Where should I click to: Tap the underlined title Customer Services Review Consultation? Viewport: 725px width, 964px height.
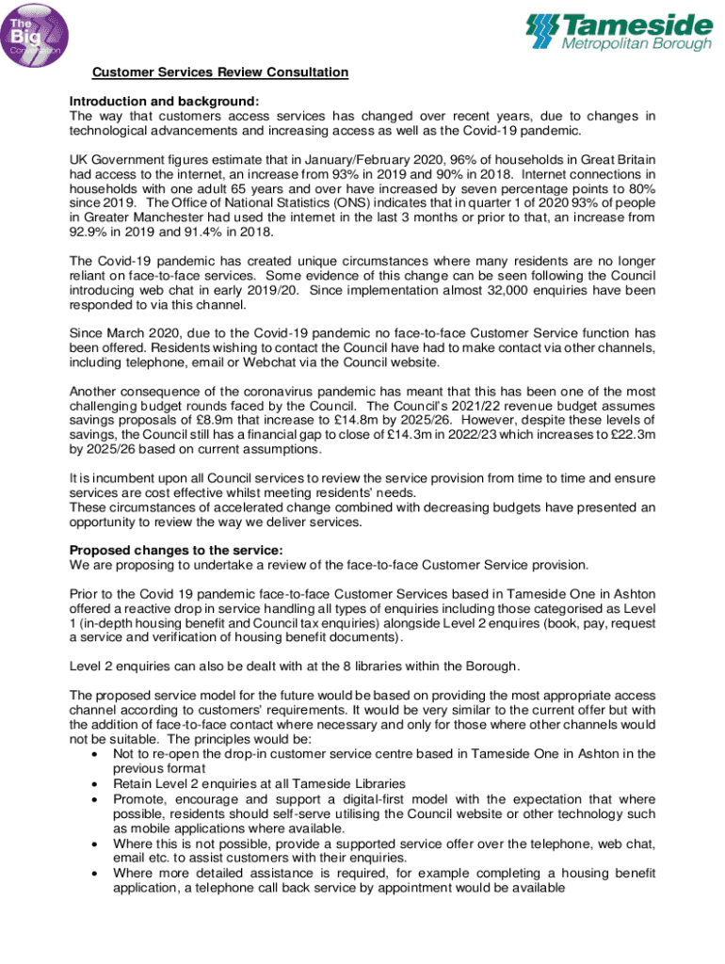point(219,72)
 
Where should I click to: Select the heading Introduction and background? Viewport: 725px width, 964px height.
point(164,102)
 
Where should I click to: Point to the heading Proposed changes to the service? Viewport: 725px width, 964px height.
point(176,551)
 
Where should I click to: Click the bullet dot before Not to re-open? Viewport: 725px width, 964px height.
point(92,755)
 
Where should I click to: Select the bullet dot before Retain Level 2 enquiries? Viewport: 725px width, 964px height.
point(92,784)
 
